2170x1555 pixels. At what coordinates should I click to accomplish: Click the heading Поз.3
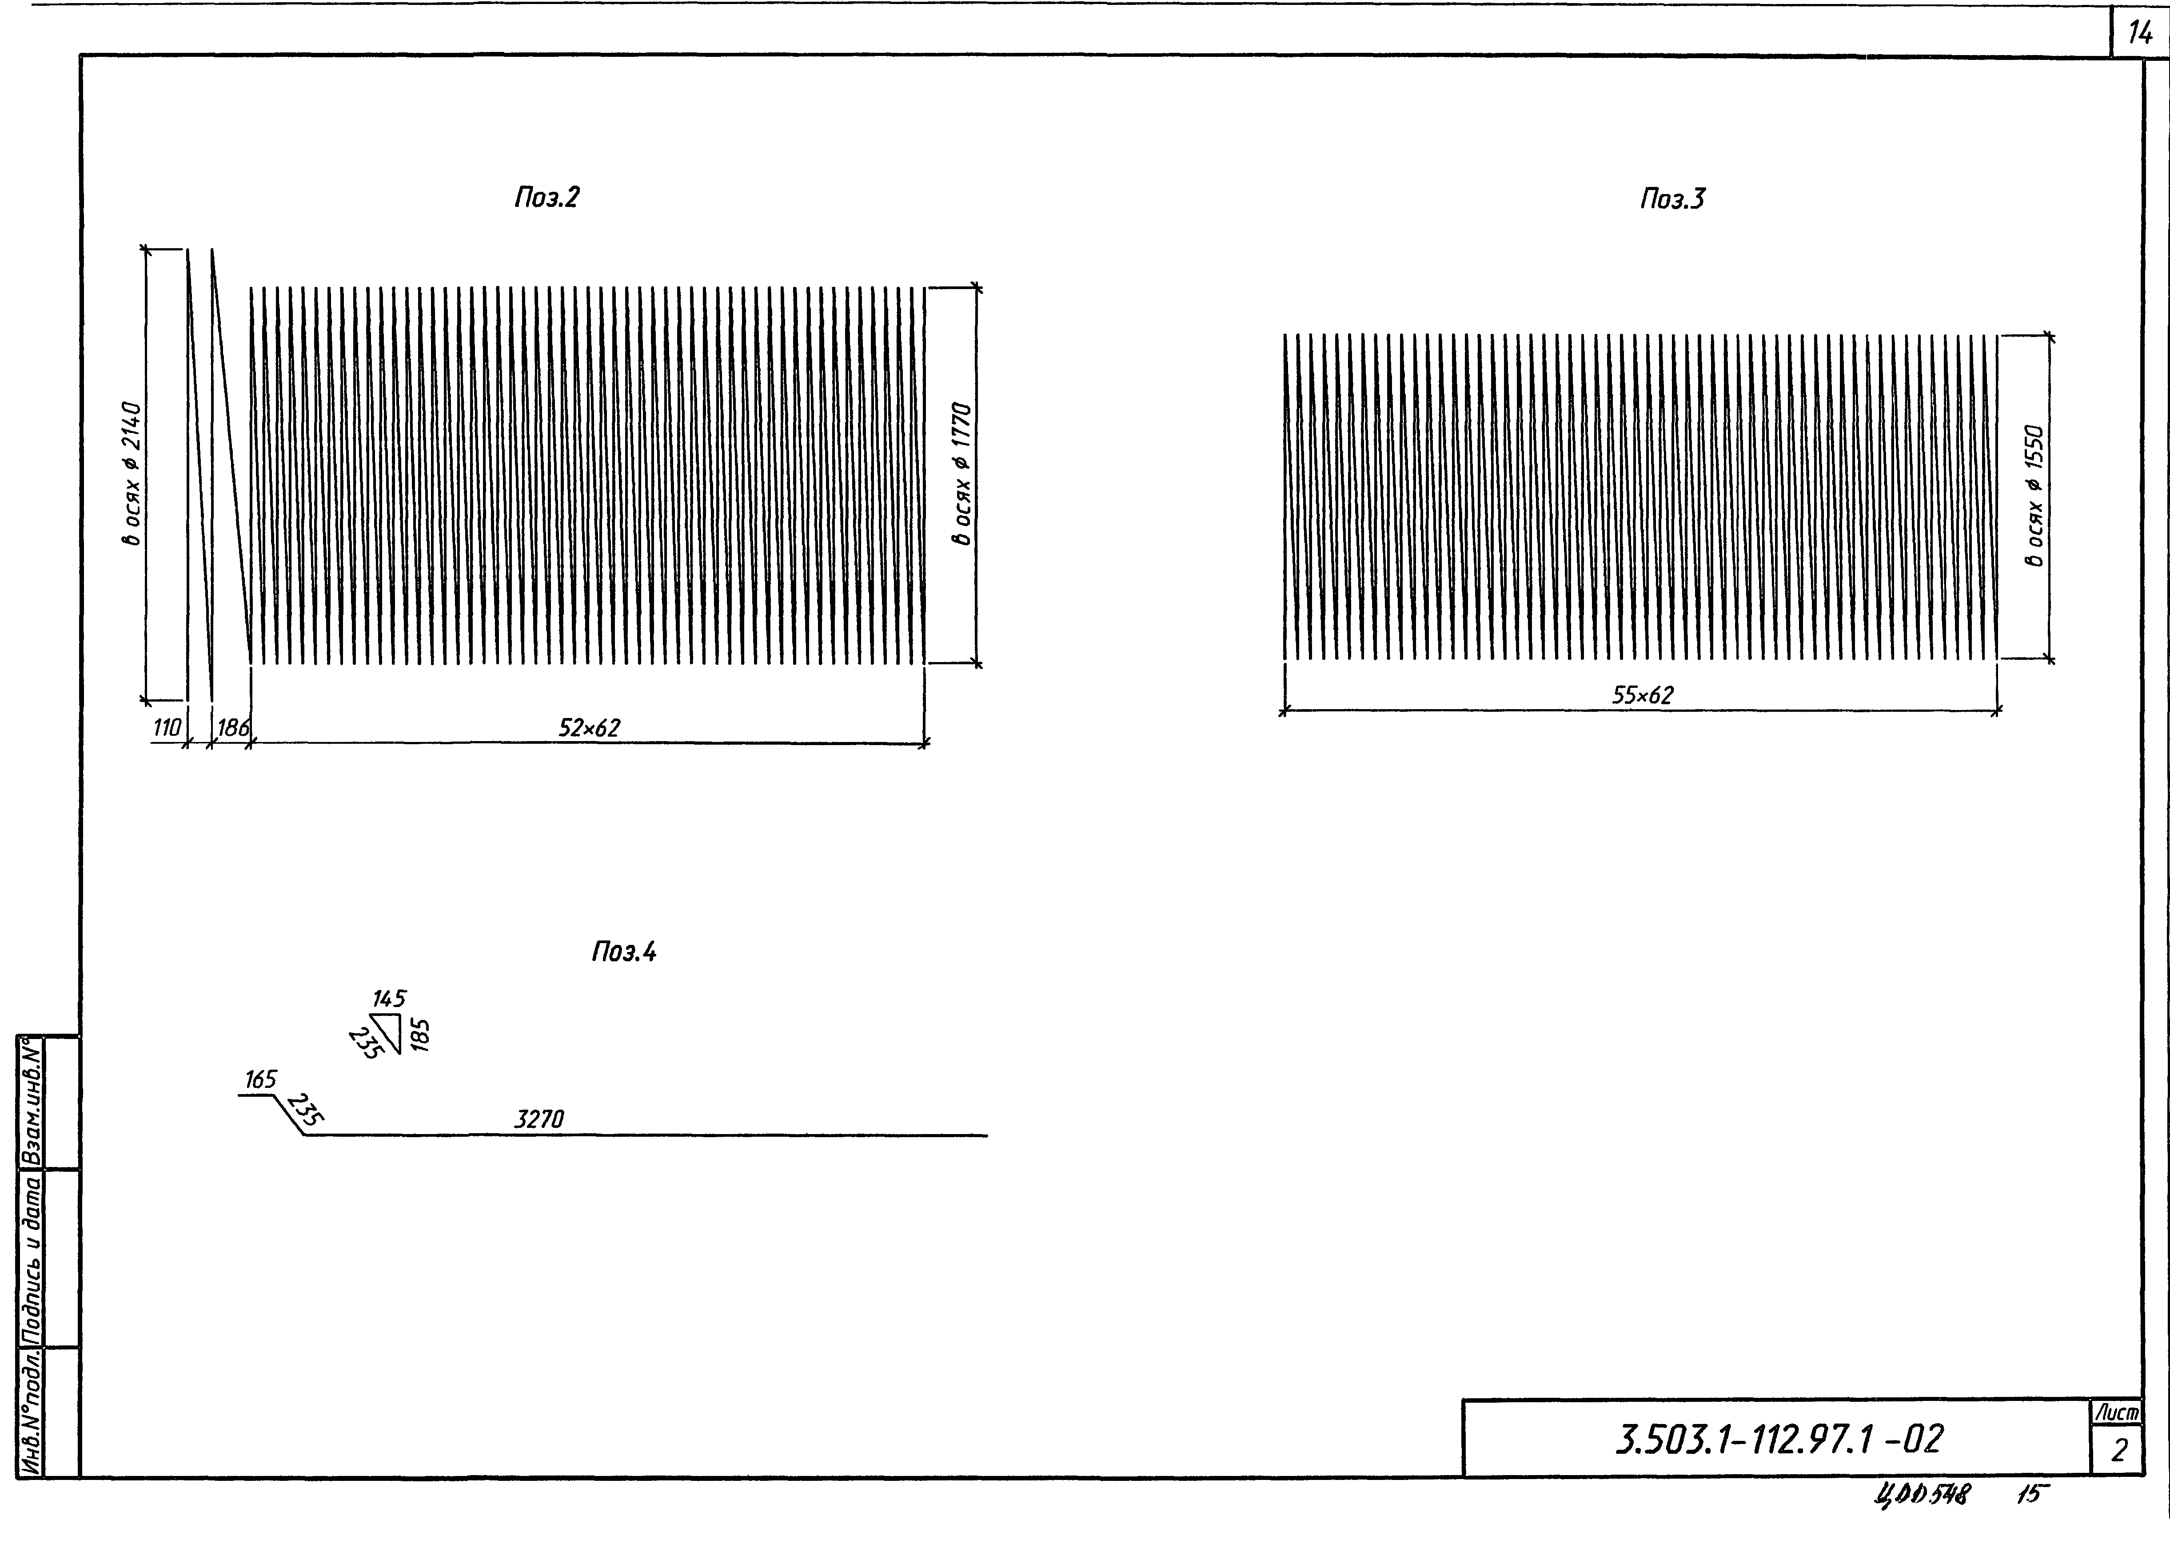[x=1672, y=199]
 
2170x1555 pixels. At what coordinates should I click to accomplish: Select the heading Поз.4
[x=624, y=952]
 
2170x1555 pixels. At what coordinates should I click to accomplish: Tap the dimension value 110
[x=167, y=728]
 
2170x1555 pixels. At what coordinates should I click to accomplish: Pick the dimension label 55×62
[x=1643, y=695]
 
